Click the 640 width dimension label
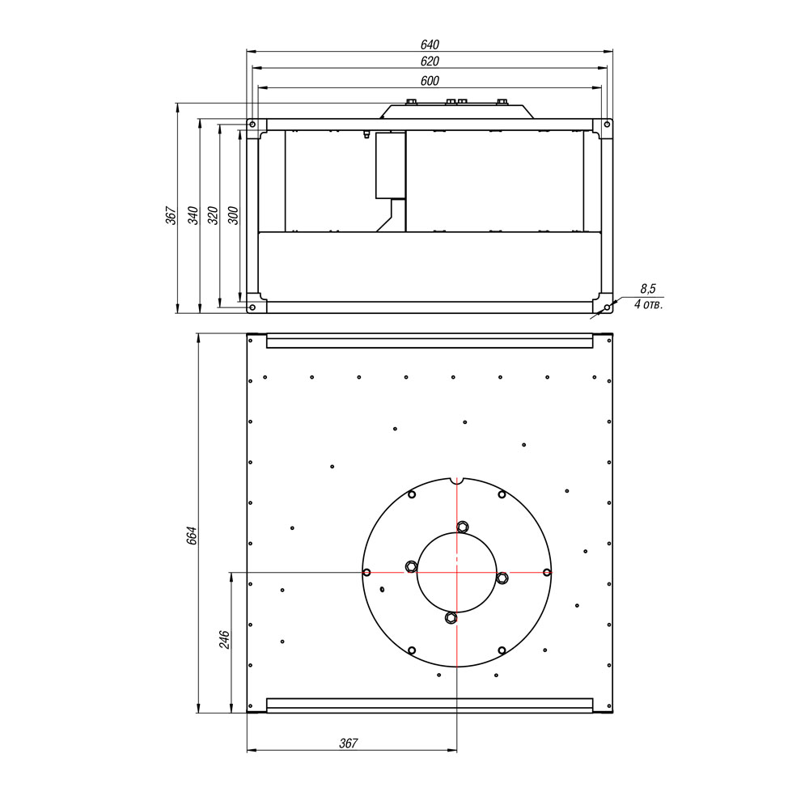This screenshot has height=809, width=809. pyautogui.click(x=430, y=44)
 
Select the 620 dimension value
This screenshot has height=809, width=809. pyautogui.click(x=430, y=61)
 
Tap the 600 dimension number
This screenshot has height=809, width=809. pyautogui.click(x=430, y=81)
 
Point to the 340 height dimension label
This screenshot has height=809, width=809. pyautogui.click(x=193, y=215)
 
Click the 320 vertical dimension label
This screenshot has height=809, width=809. pyautogui.click(x=213, y=215)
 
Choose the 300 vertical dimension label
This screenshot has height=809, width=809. pyautogui.click(x=233, y=215)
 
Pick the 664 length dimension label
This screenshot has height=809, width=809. pyautogui.click(x=192, y=536)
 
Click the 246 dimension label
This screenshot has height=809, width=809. pyautogui.click(x=224, y=640)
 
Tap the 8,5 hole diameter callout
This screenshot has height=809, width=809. pyautogui.click(x=648, y=289)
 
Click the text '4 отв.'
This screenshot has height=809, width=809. pyautogui.click(x=649, y=304)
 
